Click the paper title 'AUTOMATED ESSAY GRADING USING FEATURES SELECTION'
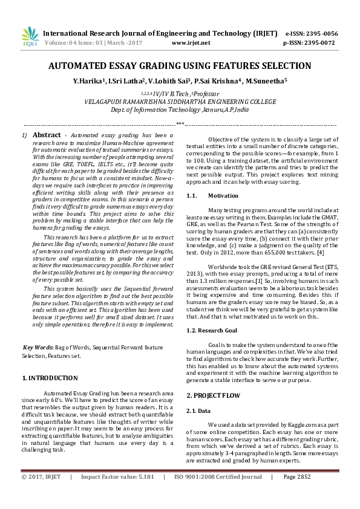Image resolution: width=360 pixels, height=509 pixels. click(x=180, y=66)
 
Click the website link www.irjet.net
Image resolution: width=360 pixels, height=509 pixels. click(x=191, y=43)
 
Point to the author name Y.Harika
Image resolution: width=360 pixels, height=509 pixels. click(x=88, y=80)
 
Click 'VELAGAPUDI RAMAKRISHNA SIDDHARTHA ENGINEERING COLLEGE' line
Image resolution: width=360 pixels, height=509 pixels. click(x=180, y=102)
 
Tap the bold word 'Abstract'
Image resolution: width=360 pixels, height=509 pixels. click(x=46, y=135)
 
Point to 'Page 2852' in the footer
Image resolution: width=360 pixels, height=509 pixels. click(x=296, y=494)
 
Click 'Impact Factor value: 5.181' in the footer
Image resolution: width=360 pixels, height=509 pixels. click(x=117, y=494)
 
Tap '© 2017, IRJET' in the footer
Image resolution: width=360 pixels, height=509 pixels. click(x=41, y=494)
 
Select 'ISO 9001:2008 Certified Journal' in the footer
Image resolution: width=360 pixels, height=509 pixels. click(x=218, y=494)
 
